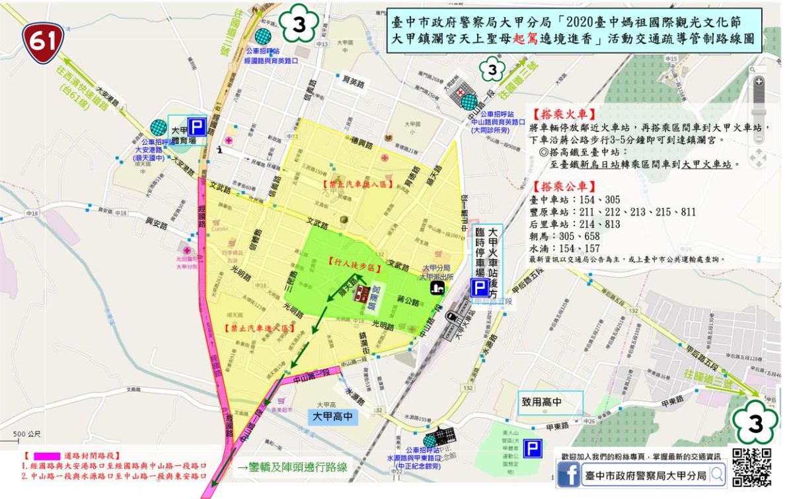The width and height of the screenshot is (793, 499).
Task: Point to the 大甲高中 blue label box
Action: (334, 417)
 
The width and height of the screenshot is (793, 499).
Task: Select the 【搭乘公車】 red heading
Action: (558, 186)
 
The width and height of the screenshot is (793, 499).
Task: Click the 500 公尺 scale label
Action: (27, 434)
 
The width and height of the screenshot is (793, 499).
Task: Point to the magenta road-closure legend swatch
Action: (46, 456)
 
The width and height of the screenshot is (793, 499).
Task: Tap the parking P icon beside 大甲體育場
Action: (197, 126)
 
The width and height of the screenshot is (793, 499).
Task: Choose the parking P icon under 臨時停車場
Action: (480, 288)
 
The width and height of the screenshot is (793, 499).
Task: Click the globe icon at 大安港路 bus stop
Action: (158, 127)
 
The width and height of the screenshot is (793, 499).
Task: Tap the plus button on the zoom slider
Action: (759, 81)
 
